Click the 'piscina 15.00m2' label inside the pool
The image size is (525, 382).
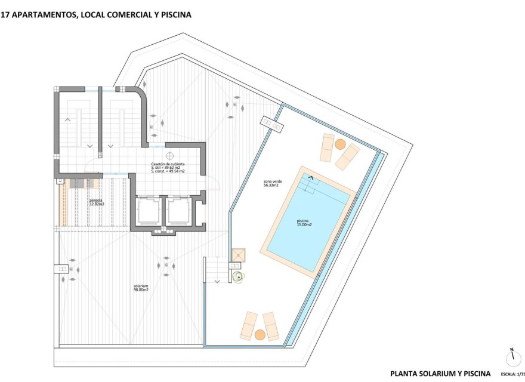tap(305, 222)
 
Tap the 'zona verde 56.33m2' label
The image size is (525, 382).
tap(273, 183)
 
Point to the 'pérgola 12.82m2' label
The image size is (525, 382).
tap(97, 202)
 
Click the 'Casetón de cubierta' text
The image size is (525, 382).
tap(168, 164)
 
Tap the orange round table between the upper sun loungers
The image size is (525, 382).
tap(339, 144)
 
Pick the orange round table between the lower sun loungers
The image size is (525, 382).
tap(260, 335)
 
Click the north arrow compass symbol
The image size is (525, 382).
tap(511, 358)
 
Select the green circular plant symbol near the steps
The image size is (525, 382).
tap(239, 276)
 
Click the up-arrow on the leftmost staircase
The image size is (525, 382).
tap(67, 120)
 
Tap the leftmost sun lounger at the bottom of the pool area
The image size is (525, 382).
tap(248, 326)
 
